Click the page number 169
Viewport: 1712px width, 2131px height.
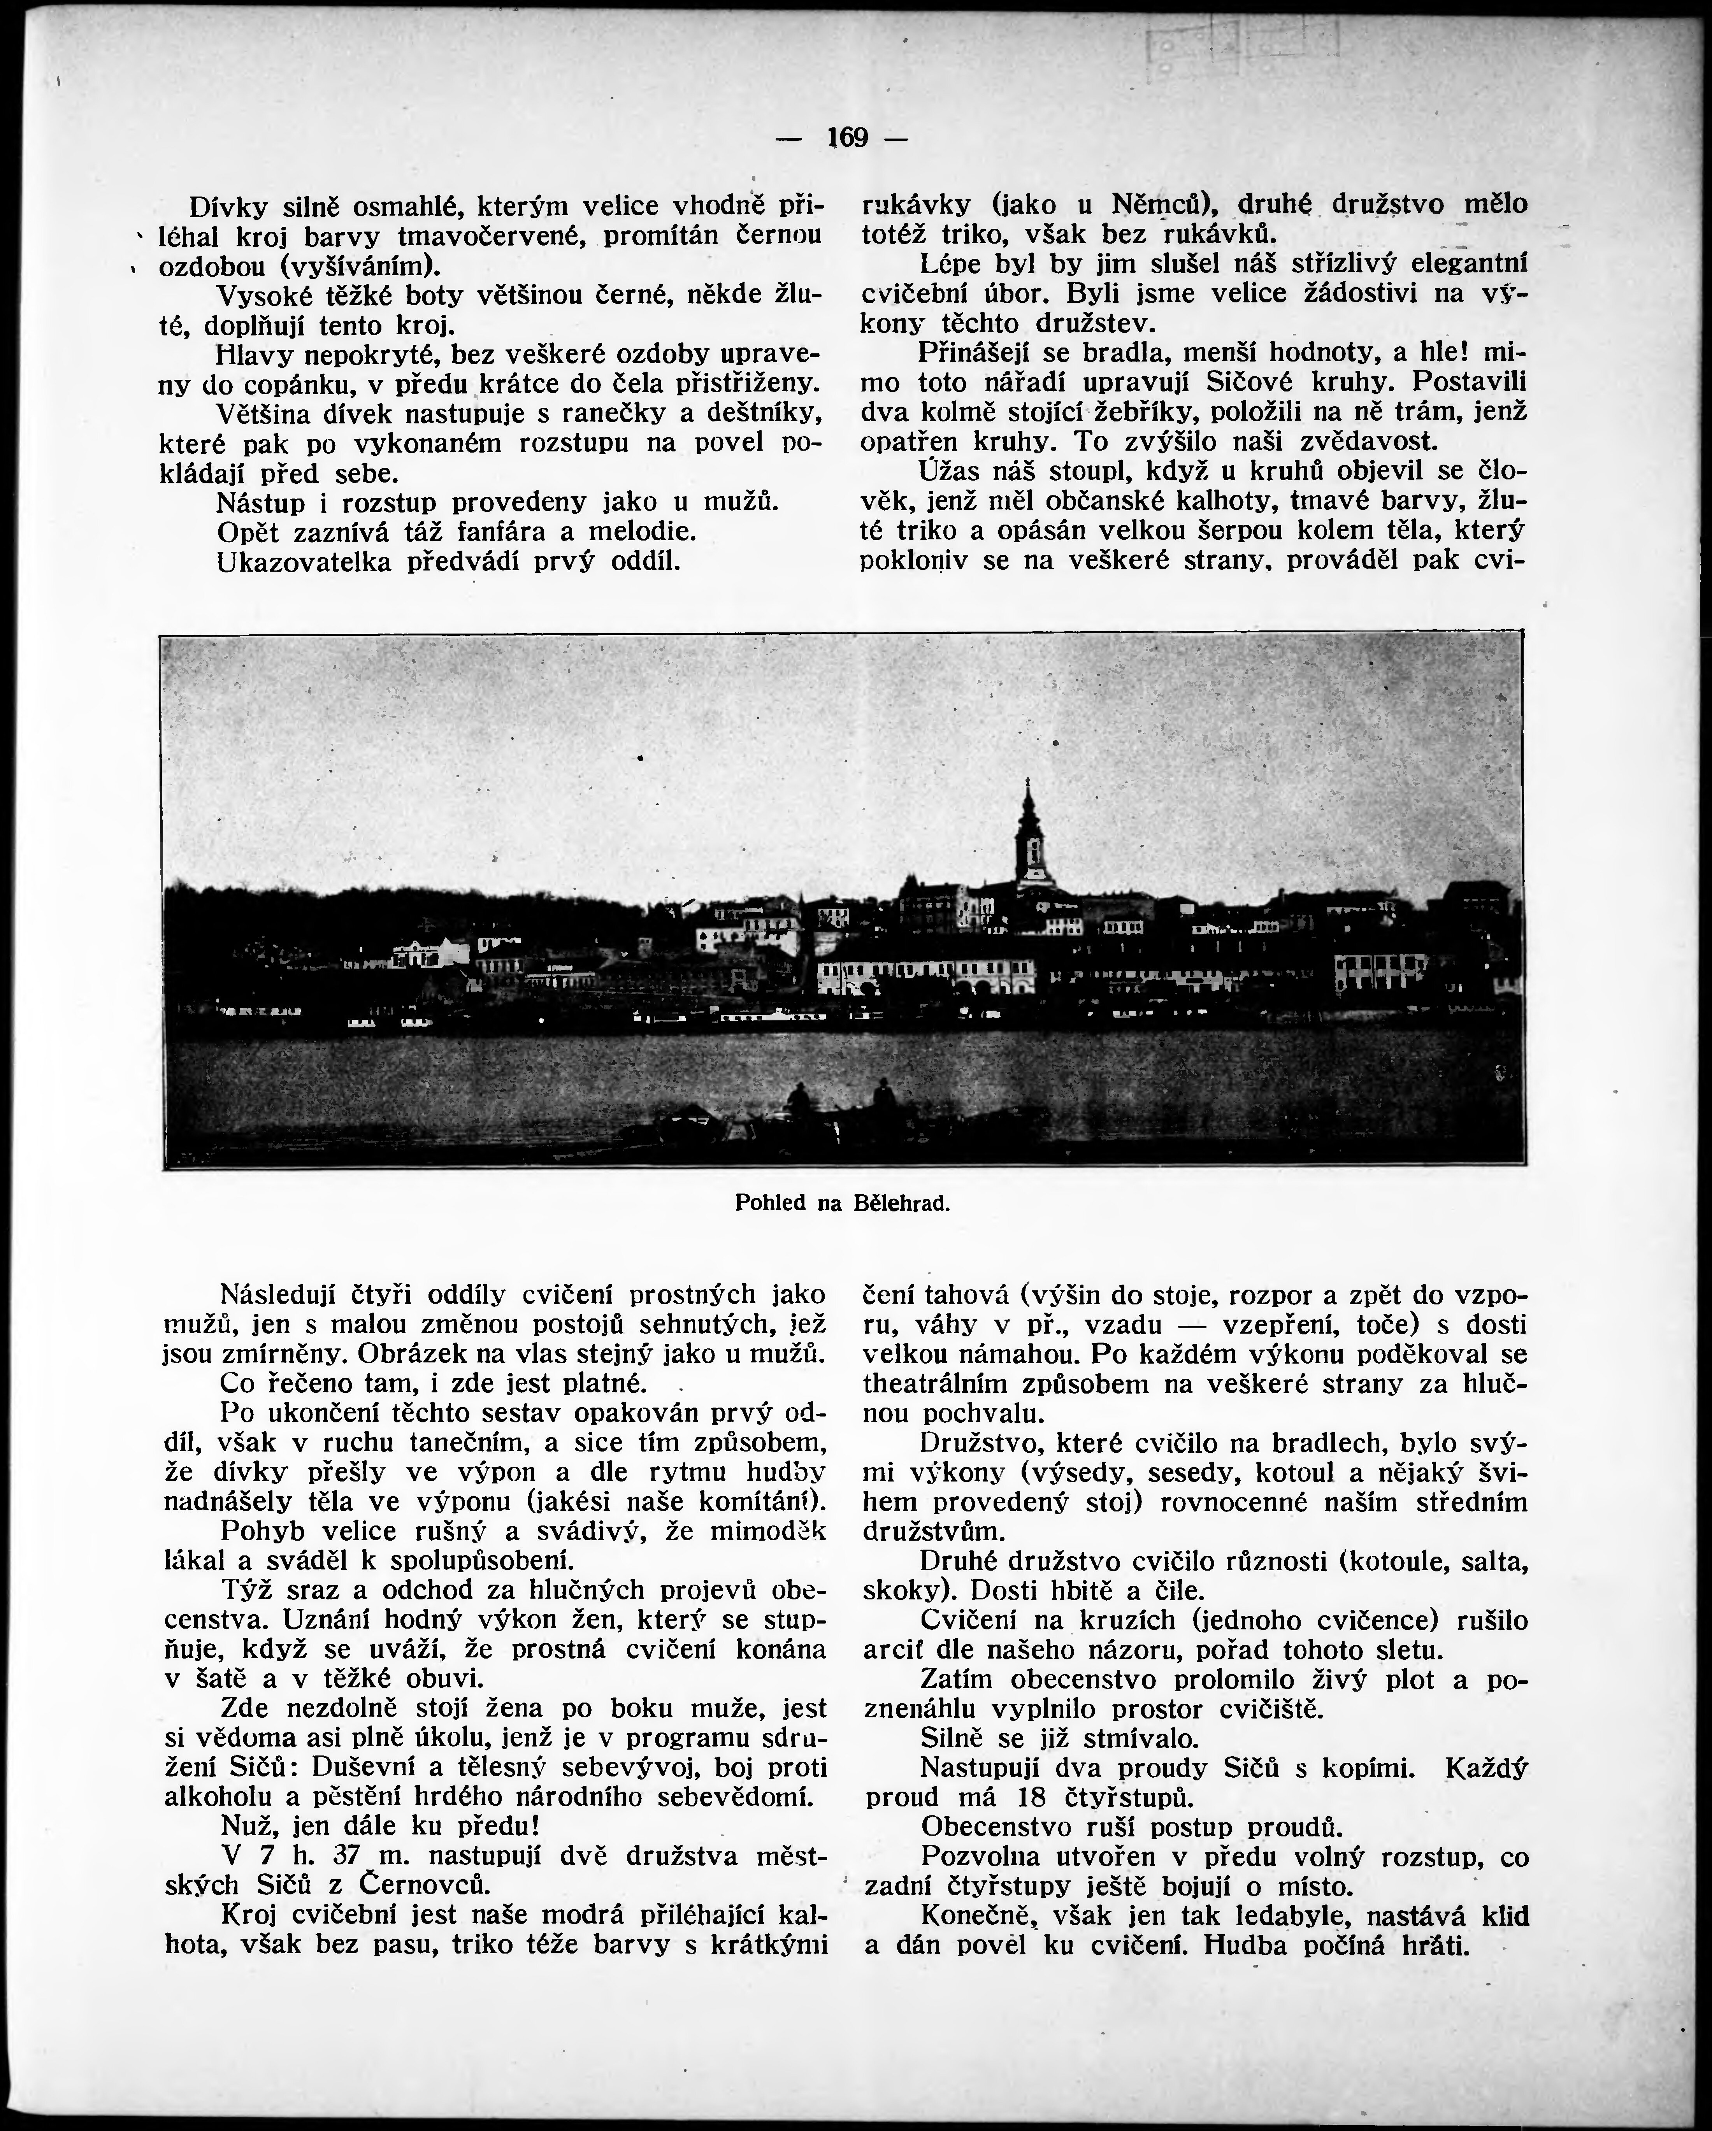(x=846, y=139)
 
